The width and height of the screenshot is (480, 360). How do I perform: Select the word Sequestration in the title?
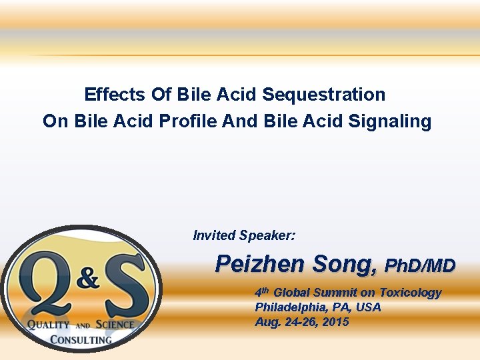(323, 95)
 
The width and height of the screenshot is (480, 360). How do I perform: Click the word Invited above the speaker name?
(214, 235)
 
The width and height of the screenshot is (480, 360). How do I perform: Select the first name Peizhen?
(259, 265)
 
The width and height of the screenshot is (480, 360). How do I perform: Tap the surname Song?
(343, 265)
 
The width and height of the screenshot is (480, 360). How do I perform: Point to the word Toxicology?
(410, 293)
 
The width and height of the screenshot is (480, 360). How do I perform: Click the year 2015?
(335, 322)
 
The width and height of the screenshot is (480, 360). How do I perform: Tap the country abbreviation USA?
(368, 307)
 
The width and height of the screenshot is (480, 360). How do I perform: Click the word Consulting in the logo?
(81, 339)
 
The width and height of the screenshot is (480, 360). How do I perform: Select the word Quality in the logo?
(48, 325)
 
